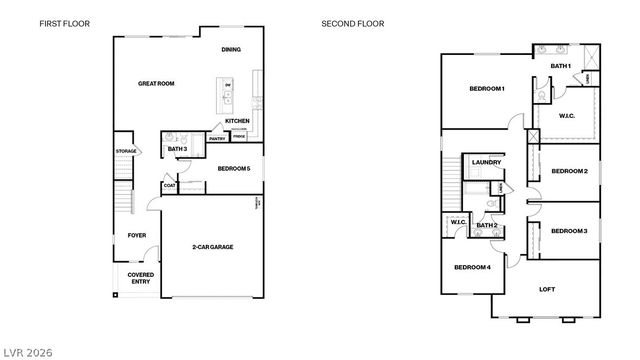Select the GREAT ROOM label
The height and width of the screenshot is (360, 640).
coord(156,84)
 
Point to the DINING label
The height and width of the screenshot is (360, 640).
coord(231,49)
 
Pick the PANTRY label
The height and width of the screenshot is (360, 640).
coord(217,137)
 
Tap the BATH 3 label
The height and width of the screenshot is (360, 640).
coord(178,149)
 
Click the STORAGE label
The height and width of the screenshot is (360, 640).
coord(125,151)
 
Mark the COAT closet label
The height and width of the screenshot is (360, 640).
coord(169,185)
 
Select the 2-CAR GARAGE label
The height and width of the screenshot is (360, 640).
coord(213,246)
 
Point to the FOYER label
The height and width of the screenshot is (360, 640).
coord(136,236)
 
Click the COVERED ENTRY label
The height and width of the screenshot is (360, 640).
coord(140,278)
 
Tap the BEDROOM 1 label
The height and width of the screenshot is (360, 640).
coord(487,89)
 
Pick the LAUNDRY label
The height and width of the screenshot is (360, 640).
coord(486,162)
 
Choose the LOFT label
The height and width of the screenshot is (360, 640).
coord(547,290)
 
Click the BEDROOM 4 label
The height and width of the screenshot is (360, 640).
coord(472,267)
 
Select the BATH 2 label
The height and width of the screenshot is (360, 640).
coord(486,226)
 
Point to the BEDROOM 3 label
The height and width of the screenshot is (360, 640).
coord(569,231)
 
